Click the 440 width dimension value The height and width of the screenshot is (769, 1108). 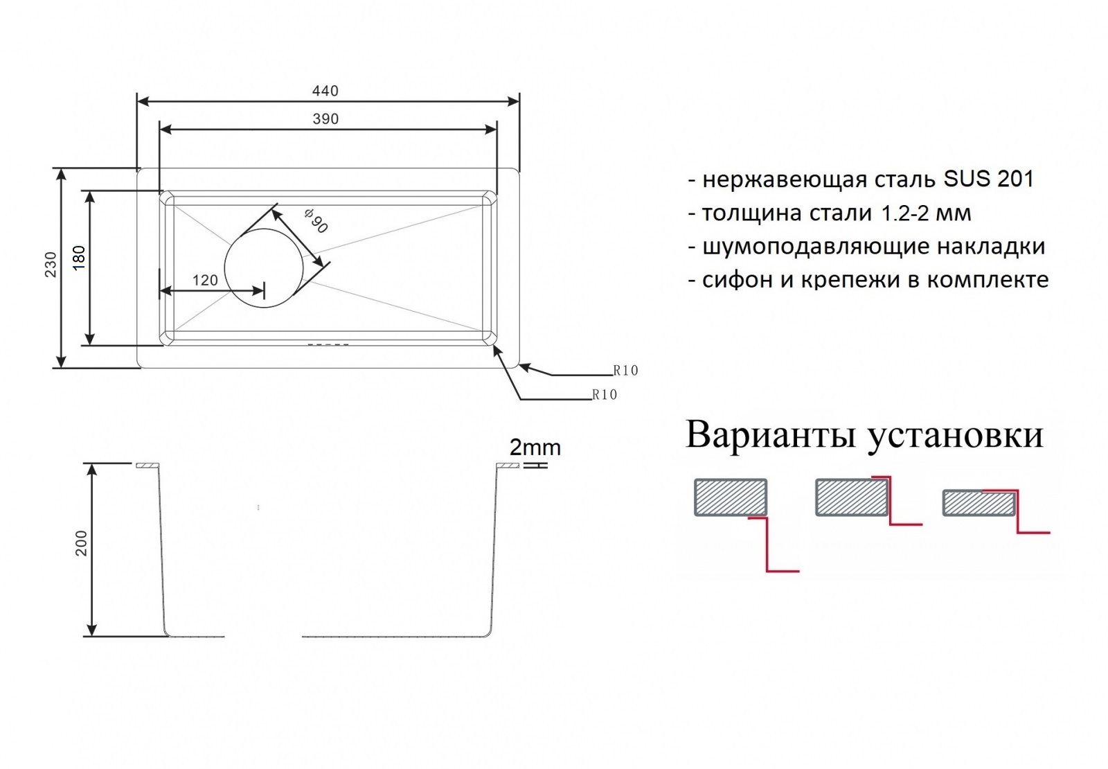pyautogui.click(x=325, y=91)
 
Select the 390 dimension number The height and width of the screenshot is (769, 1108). pyautogui.click(x=325, y=118)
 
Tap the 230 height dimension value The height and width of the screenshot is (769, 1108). pyautogui.click(x=51, y=264)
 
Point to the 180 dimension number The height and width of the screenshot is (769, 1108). pyautogui.click(x=79, y=258)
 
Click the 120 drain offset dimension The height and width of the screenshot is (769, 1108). pyautogui.click(x=205, y=281)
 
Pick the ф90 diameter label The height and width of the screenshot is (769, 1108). pyautogui.click(x=316, y=221)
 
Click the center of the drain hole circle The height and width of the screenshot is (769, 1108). pyautogui.click(x=263, y=268)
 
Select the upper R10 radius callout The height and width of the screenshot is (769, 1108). pyautogui.click(x=625, y=370)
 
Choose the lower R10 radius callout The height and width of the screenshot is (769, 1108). pyautogui.click(x=605, y=394)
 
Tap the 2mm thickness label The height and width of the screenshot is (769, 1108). pyautogui.click(x=535, y=448)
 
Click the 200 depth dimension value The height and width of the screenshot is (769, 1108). pyautogui.click(x=81, y=543)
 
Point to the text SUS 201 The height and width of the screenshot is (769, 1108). pyautogui.click(x=988, y=179)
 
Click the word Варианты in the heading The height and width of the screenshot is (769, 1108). pyautogui.click(x=773, y=435)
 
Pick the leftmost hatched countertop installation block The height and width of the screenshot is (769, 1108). pyautogui.click(x=731, y=497)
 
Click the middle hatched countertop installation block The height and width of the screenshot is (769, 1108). pyautogui.click(x=852, y=497)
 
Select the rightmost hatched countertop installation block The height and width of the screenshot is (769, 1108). pyautogui.click(x=979, y=503)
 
